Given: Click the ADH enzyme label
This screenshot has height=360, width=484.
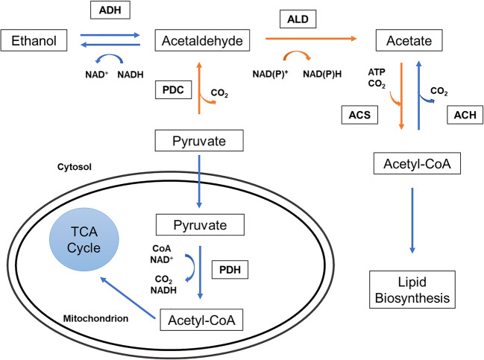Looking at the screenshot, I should point(109,12).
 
